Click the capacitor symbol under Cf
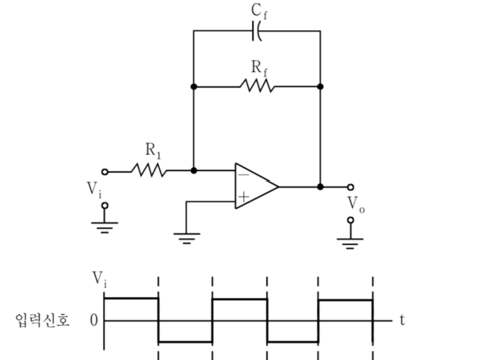click(257, 31)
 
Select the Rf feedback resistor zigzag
click(257, 86)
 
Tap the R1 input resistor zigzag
click(149, 170)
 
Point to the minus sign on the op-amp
click(243, 174)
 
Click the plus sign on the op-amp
click(243, 197)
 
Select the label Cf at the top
click(259, 11)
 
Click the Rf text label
click(259, 68)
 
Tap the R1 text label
click(153, 151)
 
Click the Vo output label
click(356, 205)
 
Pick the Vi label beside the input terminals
click(94, 190)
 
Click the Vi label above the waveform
click(100, 279)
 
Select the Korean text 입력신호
click(42, 320)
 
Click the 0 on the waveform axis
click(94, 320)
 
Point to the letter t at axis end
click(403, 320)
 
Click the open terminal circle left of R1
click(105, 172)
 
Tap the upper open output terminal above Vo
click(350, 187)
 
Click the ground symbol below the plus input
click(186, 238)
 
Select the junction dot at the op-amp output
click(320, 187)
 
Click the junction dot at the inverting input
click(193, 170)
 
